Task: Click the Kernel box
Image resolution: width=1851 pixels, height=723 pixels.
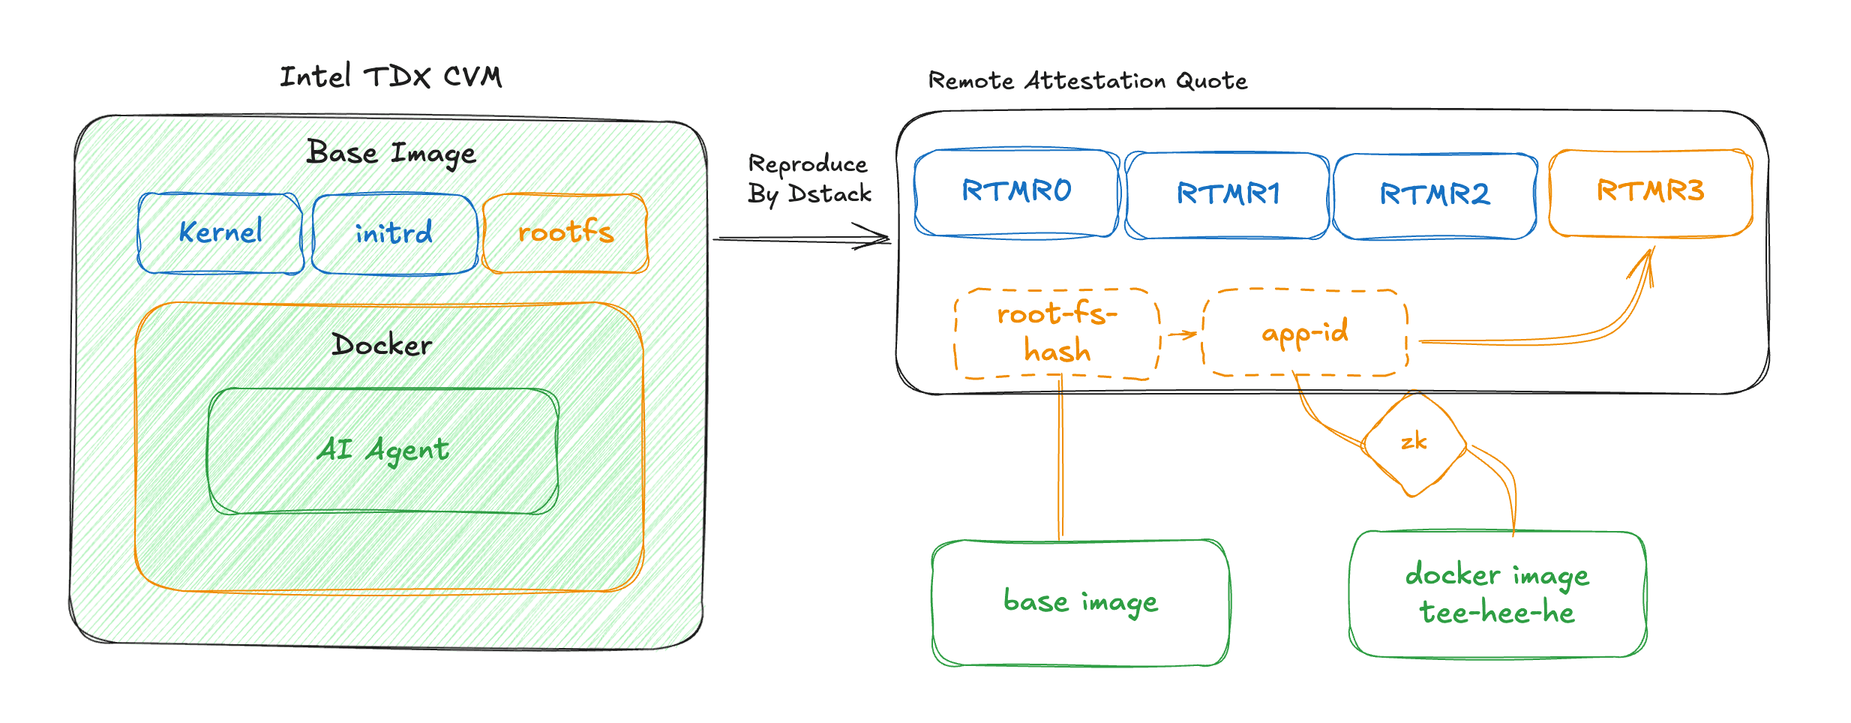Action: coord(220,233)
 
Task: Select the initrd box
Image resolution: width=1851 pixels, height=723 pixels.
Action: coord(394,234)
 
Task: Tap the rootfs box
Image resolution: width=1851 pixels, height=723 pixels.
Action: coord(565,233)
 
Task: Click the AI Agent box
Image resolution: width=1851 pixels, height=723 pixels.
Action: coord(383,451)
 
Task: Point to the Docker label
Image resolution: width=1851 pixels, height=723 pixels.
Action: coord(382,345)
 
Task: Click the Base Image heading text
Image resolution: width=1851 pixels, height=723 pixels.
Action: coord(391,154)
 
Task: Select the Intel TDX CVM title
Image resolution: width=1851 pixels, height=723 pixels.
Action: coord(391,76)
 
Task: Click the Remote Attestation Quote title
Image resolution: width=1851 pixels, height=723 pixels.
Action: coord(1087,80)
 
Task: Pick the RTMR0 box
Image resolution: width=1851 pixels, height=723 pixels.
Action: coord(1016,192)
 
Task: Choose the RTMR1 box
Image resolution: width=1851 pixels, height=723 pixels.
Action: coord(1228,195)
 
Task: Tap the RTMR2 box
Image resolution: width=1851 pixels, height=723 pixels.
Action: coord(1435,195)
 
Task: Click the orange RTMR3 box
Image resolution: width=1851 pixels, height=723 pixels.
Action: coord(1650,192)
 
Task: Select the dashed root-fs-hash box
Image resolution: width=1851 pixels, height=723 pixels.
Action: coord(1057,334)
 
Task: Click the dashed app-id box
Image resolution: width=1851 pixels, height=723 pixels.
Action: coord(1304,332)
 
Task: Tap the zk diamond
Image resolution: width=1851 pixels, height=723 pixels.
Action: coord(1414,442)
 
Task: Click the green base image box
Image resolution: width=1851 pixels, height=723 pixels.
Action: coord(1081,602)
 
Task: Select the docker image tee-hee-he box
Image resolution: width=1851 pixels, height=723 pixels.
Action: coord(1497,594)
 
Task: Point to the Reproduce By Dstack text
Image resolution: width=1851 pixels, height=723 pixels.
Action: coord(809,179)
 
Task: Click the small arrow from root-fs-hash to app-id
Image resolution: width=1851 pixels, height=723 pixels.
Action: coord(1183,334)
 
